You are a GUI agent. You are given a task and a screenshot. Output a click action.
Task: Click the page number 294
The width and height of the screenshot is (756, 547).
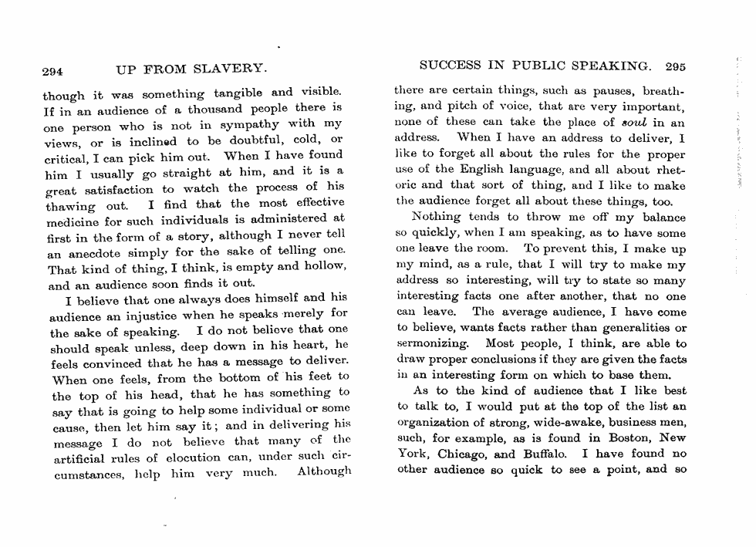52,71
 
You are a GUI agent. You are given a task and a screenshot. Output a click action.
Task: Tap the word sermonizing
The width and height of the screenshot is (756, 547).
433,343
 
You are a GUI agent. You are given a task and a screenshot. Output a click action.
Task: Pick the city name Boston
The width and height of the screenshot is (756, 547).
617,438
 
